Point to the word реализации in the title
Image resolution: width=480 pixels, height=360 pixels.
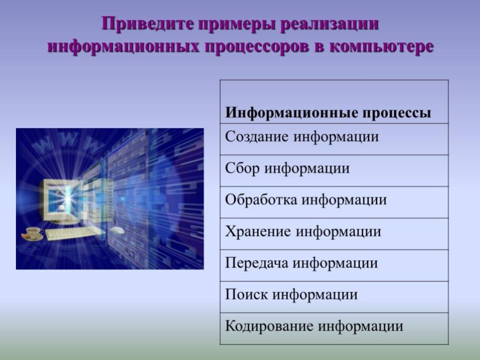(x=330, y=24)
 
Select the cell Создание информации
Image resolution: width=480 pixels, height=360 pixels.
(x=334, y=139)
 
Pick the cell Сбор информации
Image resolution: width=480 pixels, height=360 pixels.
(x=334, y=171)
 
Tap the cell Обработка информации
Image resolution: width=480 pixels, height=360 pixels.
(x=334, y=202)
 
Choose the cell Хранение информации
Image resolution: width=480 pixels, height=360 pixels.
(x=334, y=234)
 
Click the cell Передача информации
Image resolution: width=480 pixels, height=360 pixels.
(x=334, y=265)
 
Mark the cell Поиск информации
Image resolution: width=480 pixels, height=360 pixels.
(x=334, y=297)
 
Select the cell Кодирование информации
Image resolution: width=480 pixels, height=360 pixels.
(x=334, y=329)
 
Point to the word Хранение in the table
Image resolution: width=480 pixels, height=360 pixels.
(x=258, y=232)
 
